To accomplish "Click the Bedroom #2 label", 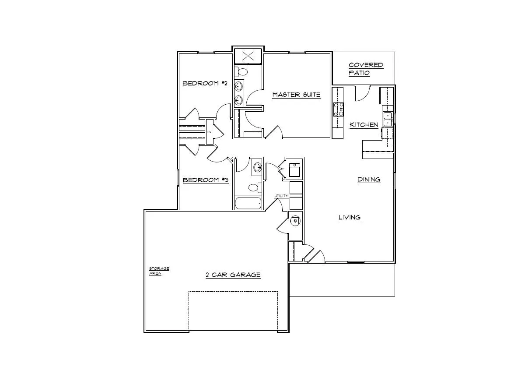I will click(x=205, y=83).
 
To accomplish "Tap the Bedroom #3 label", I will click(x=205, y=180).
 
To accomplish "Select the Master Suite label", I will click(x=296, y=95).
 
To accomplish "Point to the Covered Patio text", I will click(x=366, y=69).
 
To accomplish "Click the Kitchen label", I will click(x=364, y=125).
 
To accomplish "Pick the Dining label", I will click(x=369, y=179).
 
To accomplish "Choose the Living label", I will click(x=350, y=217).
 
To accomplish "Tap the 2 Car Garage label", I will click(x=233, y=275).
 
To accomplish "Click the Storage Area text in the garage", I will click(x=159, y=271).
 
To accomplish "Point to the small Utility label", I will click(x=281, y=196).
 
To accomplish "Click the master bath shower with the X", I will click(x=248, y=56).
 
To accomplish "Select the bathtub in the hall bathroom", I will click(x=248, y=203).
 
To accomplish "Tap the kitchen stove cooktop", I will click(x=339, y=109).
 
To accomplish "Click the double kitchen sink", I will click(x=388, y=119).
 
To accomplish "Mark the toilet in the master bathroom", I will click(x=242, y=71).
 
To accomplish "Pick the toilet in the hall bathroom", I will click(x=254, y=188).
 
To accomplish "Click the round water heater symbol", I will click(x=296, y=220).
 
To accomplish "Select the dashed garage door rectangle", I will click(x=233, y=311).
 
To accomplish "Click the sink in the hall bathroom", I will click(x=258, y=167).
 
